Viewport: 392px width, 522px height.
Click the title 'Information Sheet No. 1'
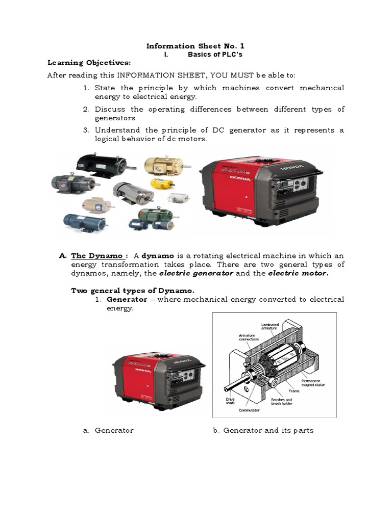click(195, 46)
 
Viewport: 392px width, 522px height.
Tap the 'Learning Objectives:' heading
click(89, 63)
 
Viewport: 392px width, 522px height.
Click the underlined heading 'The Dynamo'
click(97, 255)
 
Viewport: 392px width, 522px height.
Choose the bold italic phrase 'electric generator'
click(196, 273)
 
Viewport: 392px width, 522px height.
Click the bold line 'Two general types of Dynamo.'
click(132, 291)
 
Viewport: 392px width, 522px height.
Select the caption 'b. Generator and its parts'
click(263, 430)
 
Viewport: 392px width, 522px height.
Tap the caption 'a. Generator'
click(108, 430)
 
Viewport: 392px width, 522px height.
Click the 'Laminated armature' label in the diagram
click(270, 327)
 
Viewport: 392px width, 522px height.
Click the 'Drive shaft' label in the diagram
click(229, 401)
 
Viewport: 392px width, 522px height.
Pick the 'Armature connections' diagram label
click(249, 337)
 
